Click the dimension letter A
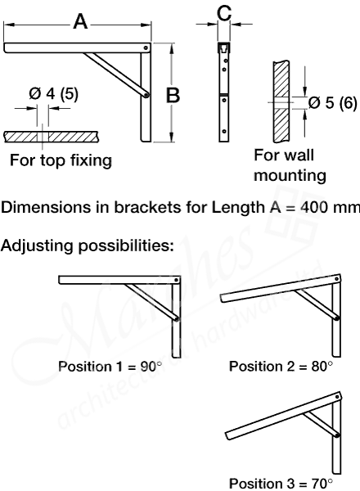point(80,22)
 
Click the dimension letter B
point(173,95)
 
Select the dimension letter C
point(225,13)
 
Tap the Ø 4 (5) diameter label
point(54,93)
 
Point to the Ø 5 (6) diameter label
point(331,102)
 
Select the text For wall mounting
point(290,165)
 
